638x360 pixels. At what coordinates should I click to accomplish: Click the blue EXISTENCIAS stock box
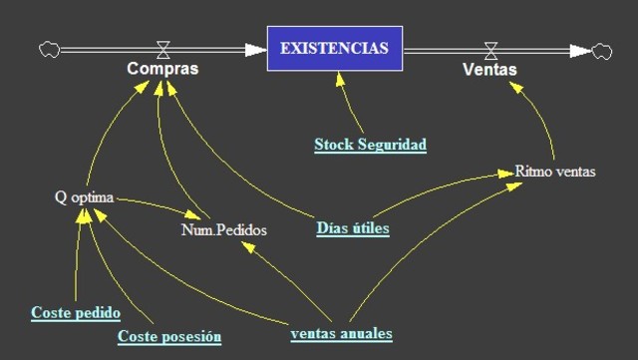tap(335, 48)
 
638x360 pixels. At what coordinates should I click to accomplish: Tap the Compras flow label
tap(161, 69)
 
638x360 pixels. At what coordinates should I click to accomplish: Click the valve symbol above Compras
tap(162, 47)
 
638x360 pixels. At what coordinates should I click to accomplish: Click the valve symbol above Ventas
tap(490, 47)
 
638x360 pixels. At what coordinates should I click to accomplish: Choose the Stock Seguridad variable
tap(370, 145)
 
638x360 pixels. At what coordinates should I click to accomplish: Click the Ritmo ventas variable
tap(555, 171)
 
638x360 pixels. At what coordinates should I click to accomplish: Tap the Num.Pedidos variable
tap(223, 229)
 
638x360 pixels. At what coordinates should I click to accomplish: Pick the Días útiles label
tap(353, 228)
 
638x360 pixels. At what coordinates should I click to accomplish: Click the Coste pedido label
tap(76, 312)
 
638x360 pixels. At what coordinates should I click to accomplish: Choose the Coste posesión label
tap(169, 336)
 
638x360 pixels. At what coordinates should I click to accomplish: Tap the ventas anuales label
tap(341, 332)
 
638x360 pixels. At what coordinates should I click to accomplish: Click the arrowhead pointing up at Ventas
tap(512, 85)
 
